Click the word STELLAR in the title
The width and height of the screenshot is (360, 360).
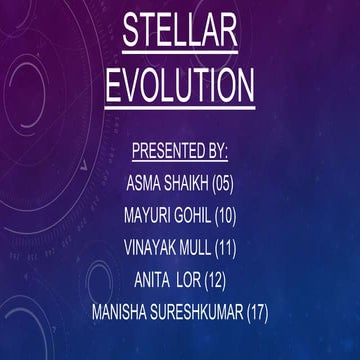click(x=180, y=31)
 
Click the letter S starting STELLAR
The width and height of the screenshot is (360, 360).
click(x=131, y=31)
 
